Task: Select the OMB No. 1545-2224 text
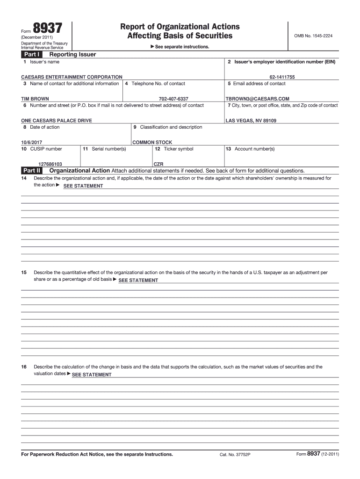pos(313,36)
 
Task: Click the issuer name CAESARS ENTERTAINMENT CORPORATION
pos(72,77)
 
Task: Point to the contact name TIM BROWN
pos(35,99)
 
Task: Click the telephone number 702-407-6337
pos(173,99)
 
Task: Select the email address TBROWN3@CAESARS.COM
pos(258,99)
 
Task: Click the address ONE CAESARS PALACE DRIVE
pos(57,121)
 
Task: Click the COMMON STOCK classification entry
pos(152,142)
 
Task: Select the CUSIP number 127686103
pos(50,164)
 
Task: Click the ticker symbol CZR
pos(158,164)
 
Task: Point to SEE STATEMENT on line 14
pos(83,186)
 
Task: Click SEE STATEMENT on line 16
pos(92,375)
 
